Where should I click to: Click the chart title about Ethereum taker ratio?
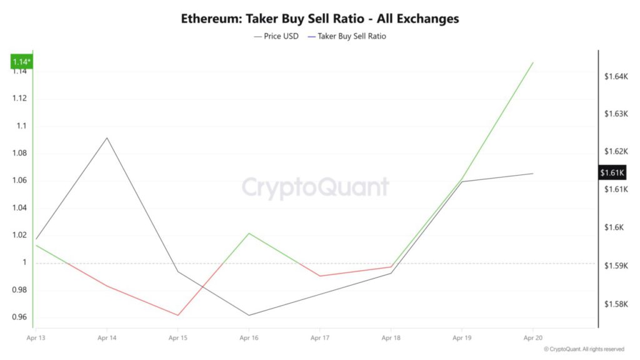tap(320, 19)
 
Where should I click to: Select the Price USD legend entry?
tap(276, 36)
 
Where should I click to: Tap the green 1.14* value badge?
tap(22, 61)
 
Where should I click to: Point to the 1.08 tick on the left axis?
tap(20, 153)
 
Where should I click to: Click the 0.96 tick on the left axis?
tap(20, 317)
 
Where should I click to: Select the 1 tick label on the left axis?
tap(26, 262)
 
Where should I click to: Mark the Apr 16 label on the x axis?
tap(249, 338)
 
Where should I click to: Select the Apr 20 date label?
tap(532, 338)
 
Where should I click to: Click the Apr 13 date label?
tap(36, 338)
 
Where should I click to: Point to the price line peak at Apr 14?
tap(107, 137)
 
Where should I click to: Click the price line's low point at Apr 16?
tap(249, 315)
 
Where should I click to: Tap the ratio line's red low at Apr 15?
tap(178, 315)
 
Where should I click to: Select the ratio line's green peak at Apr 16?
tap(249, 233)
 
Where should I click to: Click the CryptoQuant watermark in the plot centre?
tap(315, 187)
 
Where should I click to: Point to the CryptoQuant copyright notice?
tap(584, 349)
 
